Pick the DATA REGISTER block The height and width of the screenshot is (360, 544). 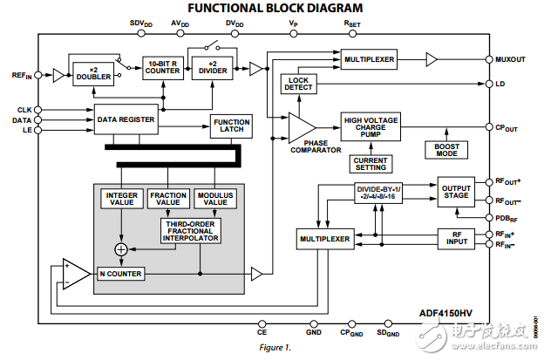(126, 119)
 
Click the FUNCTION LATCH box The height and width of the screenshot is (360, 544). (231, 126)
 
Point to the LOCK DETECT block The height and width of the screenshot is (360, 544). (298, 85)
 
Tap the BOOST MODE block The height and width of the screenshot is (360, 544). (447, 149)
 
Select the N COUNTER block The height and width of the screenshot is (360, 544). (120, 274)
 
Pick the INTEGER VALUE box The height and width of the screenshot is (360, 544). (120, 199)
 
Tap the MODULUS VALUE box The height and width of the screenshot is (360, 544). (214, 199)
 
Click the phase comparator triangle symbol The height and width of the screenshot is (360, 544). (301, 128)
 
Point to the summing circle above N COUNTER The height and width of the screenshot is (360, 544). (120, 250)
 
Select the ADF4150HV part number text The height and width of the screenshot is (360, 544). (452, 310)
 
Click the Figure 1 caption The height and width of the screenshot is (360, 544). (274, 347)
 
